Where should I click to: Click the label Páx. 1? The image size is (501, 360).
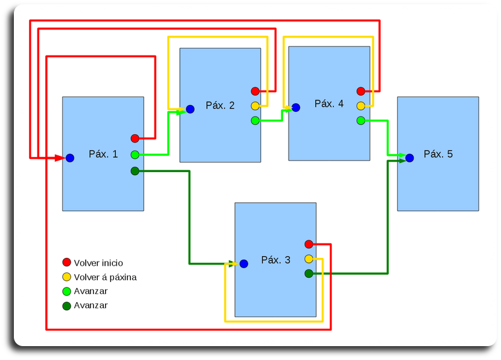103,154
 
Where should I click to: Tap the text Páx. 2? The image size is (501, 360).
220,106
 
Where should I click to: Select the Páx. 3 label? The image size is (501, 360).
276,260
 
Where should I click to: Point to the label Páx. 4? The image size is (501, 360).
329,104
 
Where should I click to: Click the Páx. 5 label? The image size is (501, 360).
438,154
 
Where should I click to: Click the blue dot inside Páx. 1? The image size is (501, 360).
70,158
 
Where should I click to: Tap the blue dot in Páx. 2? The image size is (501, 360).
190,109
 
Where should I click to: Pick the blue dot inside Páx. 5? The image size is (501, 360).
410,158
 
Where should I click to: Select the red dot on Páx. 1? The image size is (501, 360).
135,138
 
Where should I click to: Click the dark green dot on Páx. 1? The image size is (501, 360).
135,172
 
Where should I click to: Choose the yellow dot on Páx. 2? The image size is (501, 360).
255,106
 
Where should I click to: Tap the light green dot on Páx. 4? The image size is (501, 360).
361,121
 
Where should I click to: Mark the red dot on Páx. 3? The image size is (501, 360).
309,244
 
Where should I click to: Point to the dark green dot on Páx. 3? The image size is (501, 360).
309,274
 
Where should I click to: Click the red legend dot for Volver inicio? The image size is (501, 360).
66,262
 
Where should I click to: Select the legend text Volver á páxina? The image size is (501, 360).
105,277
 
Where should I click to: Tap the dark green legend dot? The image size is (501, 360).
66,306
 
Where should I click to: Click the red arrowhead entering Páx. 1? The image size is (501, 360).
60,158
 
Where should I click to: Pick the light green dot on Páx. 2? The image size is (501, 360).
255,121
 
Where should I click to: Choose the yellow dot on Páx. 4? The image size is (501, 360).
361,106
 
